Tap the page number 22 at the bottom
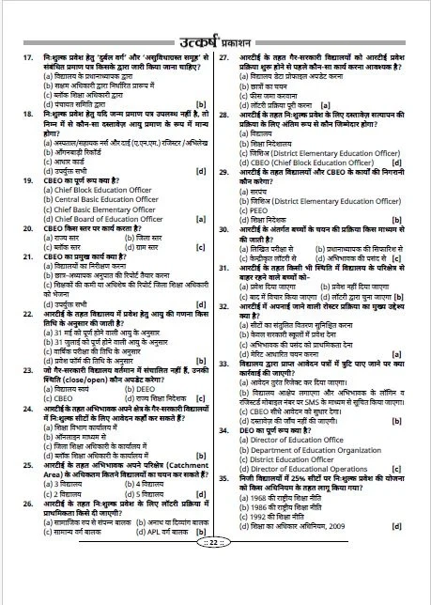click(x=215, y=595)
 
